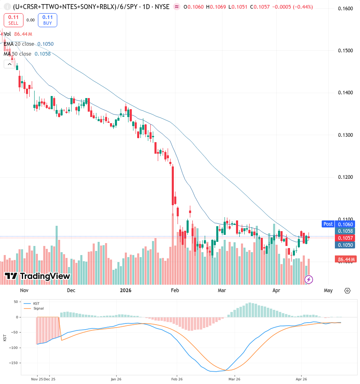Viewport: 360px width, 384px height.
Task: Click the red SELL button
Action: [14, 20]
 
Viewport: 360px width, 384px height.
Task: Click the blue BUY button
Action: [47, 20]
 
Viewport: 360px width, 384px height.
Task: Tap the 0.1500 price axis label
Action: [345, 51]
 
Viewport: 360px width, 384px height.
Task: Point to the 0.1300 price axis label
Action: [345, 135]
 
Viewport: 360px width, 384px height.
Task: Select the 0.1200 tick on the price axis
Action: [345, 177]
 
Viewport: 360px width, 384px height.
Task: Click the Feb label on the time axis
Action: [175, 290]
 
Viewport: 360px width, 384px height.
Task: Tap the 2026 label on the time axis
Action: [126, 290]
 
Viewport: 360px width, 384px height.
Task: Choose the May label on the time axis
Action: [328, 290]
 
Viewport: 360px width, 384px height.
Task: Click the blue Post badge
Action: [328, 224]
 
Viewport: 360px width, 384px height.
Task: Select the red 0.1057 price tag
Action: [345, 238]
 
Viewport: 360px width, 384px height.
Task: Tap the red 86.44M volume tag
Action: [346, 259]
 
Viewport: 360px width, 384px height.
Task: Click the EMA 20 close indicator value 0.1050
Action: [45, 44]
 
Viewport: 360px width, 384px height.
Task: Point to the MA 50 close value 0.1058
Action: [42, 54]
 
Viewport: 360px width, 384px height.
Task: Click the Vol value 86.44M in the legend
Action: [23, 34]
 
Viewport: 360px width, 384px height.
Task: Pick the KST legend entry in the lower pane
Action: [31, 303]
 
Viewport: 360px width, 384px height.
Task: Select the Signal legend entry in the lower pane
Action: [33, 308]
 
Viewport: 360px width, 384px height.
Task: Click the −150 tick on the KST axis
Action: [14, 363]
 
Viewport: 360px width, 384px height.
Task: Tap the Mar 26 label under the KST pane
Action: [234, 379]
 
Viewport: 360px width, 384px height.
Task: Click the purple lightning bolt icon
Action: [309, 279]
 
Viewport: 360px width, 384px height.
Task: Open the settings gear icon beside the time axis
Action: [347, 290]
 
